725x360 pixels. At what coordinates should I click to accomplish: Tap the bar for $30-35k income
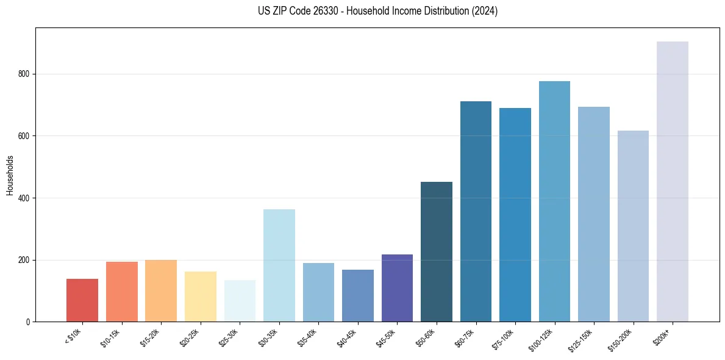[x=279, y=265]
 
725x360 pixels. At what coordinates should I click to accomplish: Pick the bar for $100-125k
[x=554, y=201]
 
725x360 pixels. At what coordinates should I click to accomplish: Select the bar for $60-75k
[x=476, y=211]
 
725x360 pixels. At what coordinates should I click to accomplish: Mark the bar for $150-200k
[x=633, y=226]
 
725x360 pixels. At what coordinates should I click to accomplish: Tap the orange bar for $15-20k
[x=161, y=290]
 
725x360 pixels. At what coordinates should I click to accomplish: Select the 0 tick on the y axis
[x=28, y=322]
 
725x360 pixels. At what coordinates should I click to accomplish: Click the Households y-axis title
[x=10, y=175]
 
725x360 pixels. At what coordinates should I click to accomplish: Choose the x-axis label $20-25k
[x=190, y=337]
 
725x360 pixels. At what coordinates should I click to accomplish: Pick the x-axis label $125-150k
[x=582, y=340]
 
